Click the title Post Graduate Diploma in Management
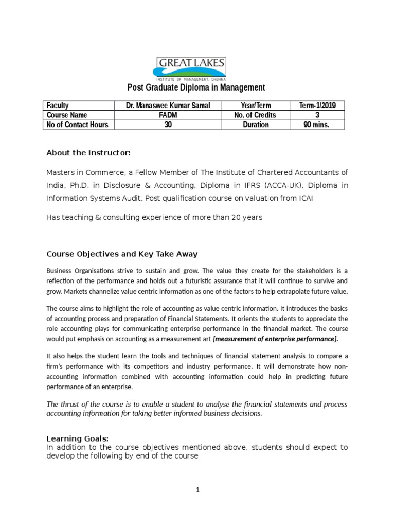coord(196,88)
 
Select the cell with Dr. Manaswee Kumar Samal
coord(168,106)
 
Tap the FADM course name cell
coord(168,115)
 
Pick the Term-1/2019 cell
coord(317,106)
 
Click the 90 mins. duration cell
coord(317,125)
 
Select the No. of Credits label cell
coord(255,115)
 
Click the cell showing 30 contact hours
coord(168,125)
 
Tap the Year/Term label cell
coord(255,106)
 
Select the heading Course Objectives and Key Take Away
coord(122,254)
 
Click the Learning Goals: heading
coord(77,438)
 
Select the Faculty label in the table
coord(58,106)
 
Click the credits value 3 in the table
coord(317,115)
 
